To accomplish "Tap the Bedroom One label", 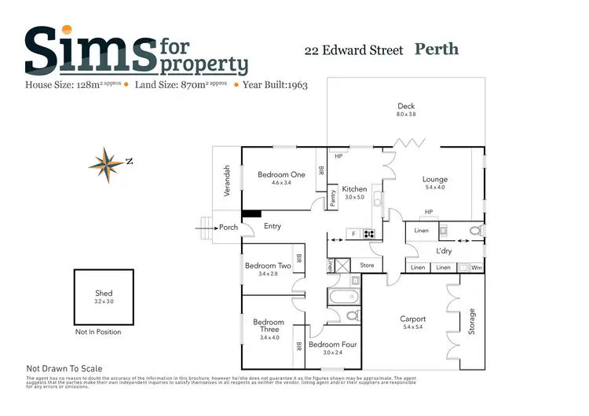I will click(281, 174).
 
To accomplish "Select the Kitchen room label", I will click(354, 189).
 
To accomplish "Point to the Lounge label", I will click(434, 180).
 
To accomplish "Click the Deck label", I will click(406, 106).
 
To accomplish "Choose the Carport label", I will click(413, 319).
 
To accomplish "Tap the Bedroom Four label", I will click(332, 345).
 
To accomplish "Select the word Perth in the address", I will click(436, 49).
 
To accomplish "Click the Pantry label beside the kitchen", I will click(333, 199).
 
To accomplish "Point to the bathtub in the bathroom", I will click(343, 297).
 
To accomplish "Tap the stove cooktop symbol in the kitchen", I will click(368, 233).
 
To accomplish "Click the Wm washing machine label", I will click(477, 268).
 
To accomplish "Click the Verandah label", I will click(226, 181).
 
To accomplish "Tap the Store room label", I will click(367, 265).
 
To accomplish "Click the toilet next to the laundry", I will click(474, 230).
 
